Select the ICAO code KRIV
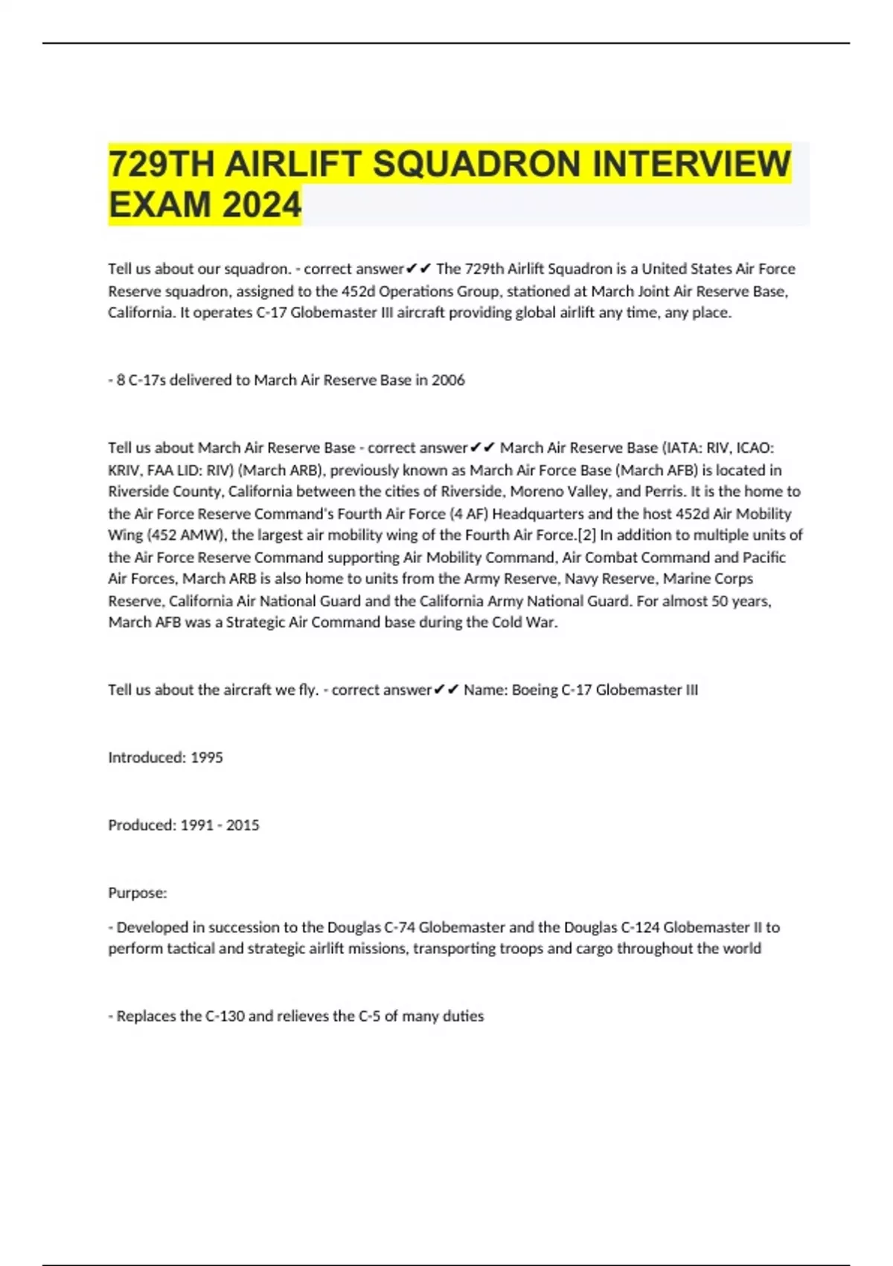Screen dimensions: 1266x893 [124, 470]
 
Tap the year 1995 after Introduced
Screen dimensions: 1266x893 [206, 757]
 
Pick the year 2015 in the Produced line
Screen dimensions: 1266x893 [243, 825]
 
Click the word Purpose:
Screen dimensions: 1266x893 [138, 892]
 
